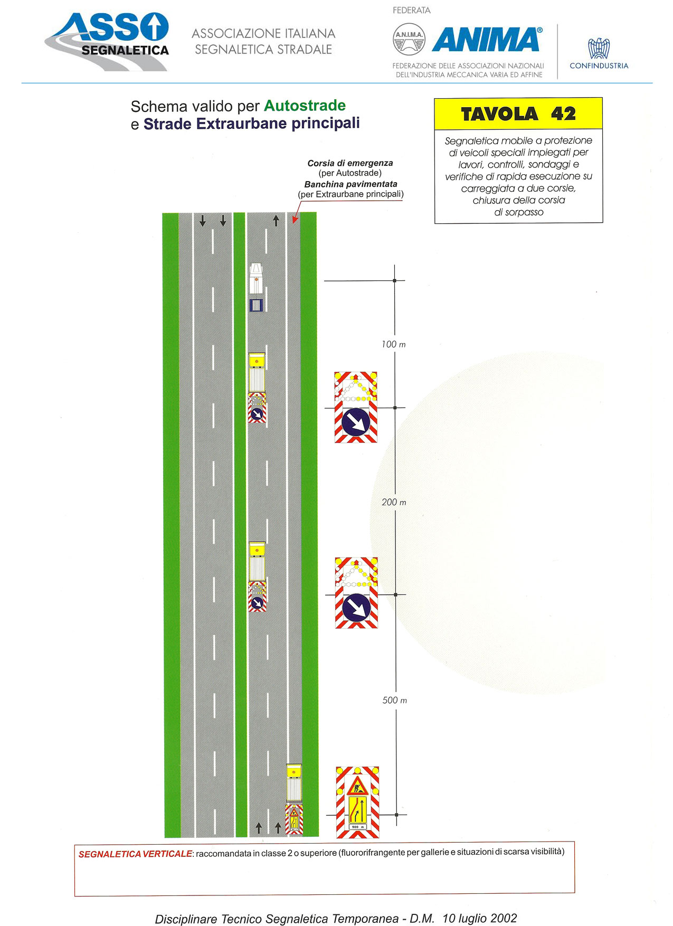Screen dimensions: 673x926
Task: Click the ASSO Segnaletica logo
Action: coord(107,42)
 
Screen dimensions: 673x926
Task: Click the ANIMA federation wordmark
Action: coord(486,40)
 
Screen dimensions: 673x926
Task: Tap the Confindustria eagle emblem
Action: coord(599,49)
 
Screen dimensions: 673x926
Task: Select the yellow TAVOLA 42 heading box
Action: coord(518,114)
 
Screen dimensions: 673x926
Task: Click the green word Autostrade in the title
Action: coord(305,106)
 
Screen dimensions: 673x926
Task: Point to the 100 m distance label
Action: coord(394,344)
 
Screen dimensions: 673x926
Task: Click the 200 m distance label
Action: coord(394,502)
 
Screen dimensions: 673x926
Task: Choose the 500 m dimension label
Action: coord(395,700)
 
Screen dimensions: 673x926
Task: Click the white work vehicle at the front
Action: coord(256,279)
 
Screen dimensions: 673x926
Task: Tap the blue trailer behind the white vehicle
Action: coord(256,305)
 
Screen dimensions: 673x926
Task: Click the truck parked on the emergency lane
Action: coord(294,783)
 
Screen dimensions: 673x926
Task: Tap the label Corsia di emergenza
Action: coord(350,163)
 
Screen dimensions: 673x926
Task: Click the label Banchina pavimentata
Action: coord(350,184)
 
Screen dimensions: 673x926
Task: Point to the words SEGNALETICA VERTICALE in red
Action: coord(135,854)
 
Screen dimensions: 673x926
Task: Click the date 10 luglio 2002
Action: coord(480,918)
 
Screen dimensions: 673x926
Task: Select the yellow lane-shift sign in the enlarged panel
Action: coord(357,809)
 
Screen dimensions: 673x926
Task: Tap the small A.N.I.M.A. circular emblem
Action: coord(409,39)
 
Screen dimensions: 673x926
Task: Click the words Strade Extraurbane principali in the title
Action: coord(252,124)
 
